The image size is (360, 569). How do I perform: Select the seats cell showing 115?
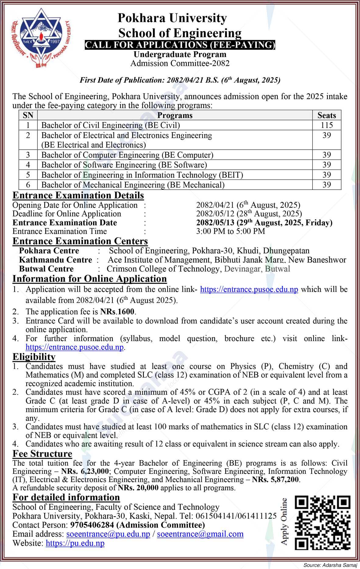click(326, 125)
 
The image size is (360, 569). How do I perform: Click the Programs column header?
click(175, 115)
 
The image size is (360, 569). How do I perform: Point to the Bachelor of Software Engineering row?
click(124, 165)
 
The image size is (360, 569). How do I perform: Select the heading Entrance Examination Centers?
click(80, 241)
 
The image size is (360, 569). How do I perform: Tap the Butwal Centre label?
click(46, 269)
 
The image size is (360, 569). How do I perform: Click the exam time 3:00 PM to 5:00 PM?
click(230, 231)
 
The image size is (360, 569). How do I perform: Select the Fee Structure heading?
click(42, 454)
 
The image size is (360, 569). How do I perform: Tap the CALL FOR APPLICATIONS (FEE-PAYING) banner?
click(180, 45)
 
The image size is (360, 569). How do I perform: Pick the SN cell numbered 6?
click(28, 185)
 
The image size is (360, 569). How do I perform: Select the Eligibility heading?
click(34, 357)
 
